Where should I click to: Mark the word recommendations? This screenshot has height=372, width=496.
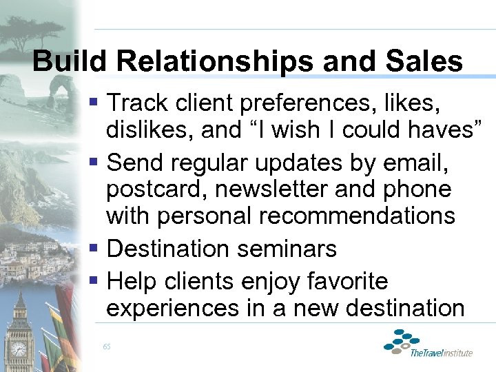tap(357, 215)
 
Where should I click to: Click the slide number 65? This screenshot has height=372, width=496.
tap(107, 346)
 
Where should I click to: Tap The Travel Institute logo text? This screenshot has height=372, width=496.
tap(441, 353)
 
